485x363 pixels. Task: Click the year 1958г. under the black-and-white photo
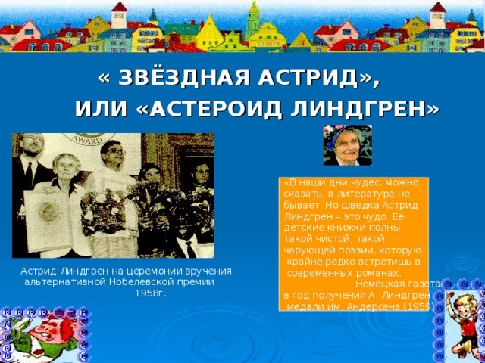click(150, 293)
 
